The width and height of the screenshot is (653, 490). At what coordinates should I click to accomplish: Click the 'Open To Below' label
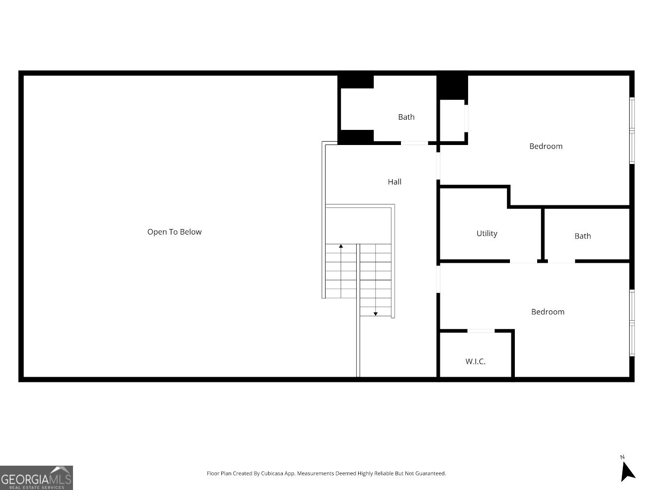click(174, 232)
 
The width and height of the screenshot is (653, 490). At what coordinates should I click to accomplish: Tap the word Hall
click(395, 182)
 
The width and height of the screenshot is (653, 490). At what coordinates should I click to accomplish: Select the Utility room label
click(487, 234)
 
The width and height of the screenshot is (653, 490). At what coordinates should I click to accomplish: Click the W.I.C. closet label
click(475, 362)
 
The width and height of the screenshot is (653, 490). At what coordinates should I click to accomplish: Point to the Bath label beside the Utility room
click(582, 236)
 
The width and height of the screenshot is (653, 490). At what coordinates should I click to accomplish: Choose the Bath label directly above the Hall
click(406, 117)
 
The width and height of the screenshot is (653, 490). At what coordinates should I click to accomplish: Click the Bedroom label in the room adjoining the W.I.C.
click(547, 312)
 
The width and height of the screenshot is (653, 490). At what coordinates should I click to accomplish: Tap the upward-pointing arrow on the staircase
click(341, 247)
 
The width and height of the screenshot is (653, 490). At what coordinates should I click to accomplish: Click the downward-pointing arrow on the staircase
click(376, 314)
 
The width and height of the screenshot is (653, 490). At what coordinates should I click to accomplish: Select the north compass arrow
click(628, 471)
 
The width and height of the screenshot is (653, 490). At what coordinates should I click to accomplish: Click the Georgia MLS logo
click(36, 477)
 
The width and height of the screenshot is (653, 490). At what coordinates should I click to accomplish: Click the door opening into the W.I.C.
click(481, 331)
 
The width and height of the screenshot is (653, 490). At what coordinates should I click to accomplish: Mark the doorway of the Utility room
click(524, 261)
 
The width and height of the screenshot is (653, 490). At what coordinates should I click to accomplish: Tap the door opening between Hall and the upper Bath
click(414, 143)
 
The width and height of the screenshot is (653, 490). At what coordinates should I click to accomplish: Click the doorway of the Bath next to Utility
click(561, 261)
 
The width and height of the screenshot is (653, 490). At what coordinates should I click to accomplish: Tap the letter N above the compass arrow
click(622, 457)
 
